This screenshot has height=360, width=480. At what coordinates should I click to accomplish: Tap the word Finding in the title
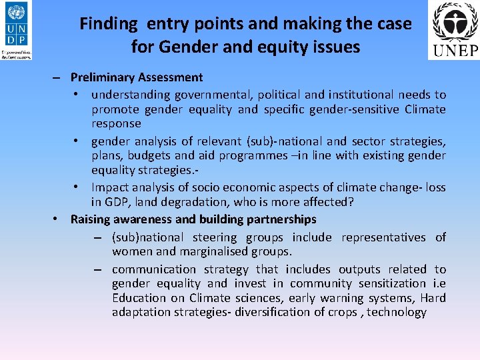pos(108,24)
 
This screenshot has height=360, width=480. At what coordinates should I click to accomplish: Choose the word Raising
pos(91,219)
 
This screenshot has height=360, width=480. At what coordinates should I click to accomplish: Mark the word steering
pos(216,237)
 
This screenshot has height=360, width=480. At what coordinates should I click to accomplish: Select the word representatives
pos(383,237)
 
